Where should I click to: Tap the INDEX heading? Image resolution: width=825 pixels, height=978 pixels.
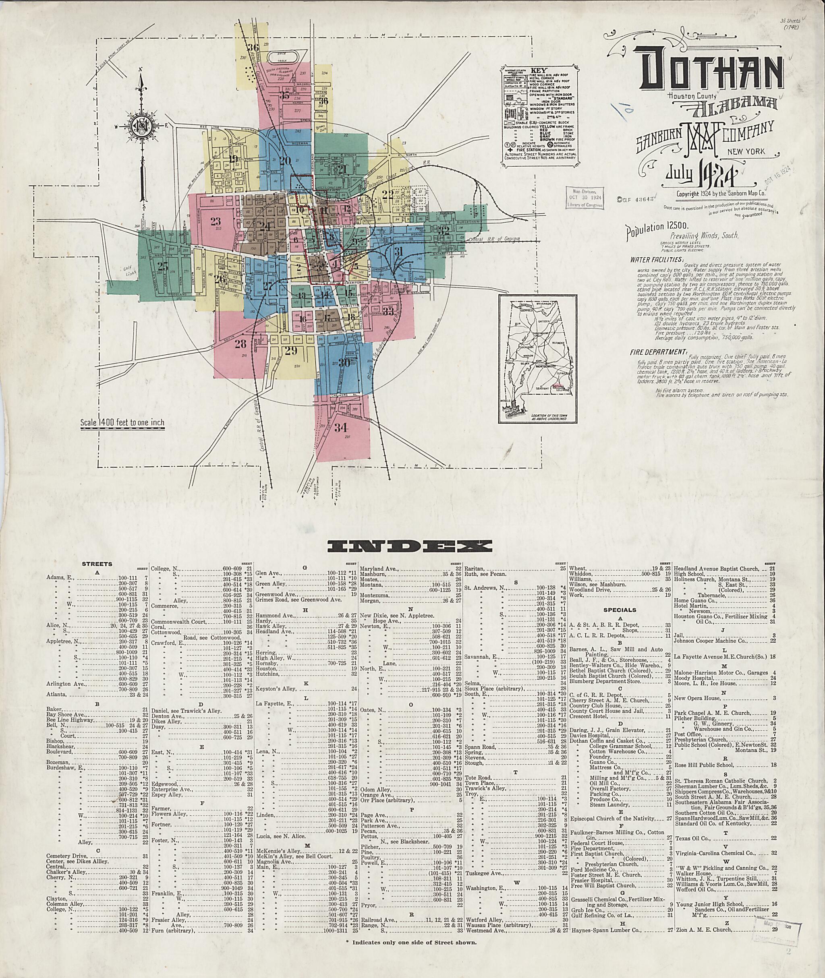coord(410,546)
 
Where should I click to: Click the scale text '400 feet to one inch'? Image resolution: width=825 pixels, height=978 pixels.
coord(122,424)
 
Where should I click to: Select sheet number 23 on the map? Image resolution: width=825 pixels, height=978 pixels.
coord(216,221)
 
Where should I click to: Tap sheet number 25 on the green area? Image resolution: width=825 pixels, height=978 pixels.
coord(162,267)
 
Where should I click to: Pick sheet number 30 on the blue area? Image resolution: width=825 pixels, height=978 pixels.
coord(344,363)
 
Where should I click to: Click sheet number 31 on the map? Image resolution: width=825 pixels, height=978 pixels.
coord(398,251)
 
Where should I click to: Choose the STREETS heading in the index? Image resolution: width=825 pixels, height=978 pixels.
coord(97,564)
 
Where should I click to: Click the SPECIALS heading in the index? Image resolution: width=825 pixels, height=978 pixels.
coord(620,610)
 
